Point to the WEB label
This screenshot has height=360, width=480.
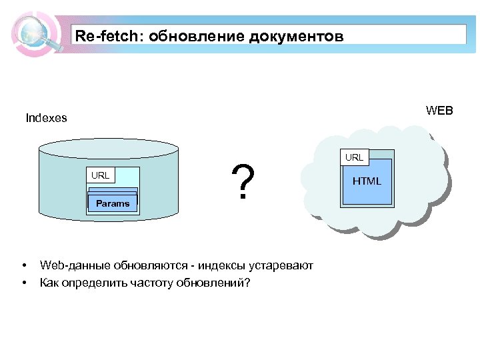point(439,111)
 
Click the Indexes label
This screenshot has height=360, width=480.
point(46,118)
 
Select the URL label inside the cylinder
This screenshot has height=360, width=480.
point(101,175)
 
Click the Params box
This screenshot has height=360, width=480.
point(113,203)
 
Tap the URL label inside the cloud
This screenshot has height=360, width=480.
point(354,157)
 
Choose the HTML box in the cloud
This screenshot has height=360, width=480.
point(367,181)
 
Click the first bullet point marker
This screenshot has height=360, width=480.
point(23,265)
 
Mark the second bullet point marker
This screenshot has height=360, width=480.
point(23,282)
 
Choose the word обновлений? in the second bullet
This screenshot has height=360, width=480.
point(213,282)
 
